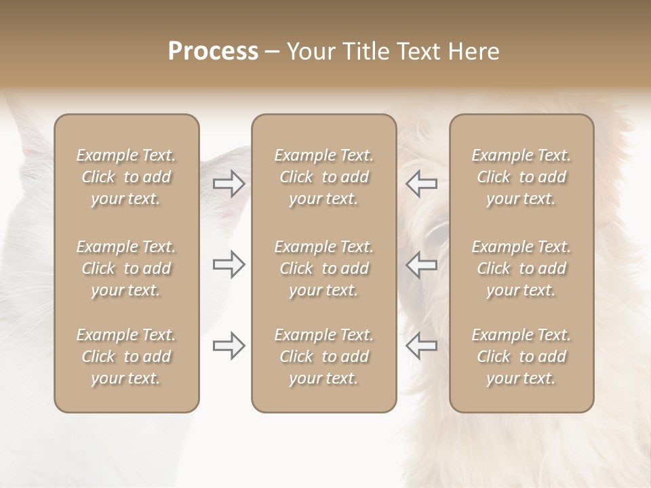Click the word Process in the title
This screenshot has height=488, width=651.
coord(213,52)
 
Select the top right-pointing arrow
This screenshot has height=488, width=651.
coord(229,183)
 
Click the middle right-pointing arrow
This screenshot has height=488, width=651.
coord(229,264)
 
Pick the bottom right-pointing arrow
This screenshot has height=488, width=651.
coord(229,346)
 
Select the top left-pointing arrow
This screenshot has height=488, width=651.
coord(422,183)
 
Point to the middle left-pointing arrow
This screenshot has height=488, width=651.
coord(422,264)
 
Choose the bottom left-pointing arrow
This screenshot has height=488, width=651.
coord(422,346)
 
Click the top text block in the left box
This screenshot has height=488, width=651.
coord(126,177)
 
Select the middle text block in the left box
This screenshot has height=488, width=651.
coord(126,268)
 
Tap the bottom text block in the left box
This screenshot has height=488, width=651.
coord(126,357)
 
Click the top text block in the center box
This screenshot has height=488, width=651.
coord(323,177)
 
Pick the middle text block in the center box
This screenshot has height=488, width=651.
coord(323,268)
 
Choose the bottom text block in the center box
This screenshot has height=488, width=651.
coord(323,357)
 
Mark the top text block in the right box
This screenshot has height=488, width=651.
coord(521,177)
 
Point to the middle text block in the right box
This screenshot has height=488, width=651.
coord(521,268)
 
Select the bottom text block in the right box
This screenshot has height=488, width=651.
coord(521,357)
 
